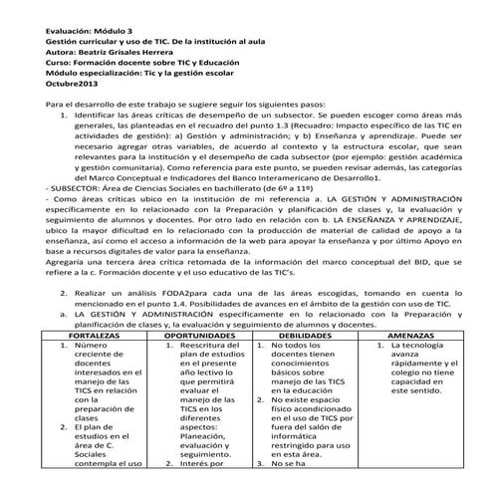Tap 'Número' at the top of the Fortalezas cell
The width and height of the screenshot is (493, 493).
click(91, 348)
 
